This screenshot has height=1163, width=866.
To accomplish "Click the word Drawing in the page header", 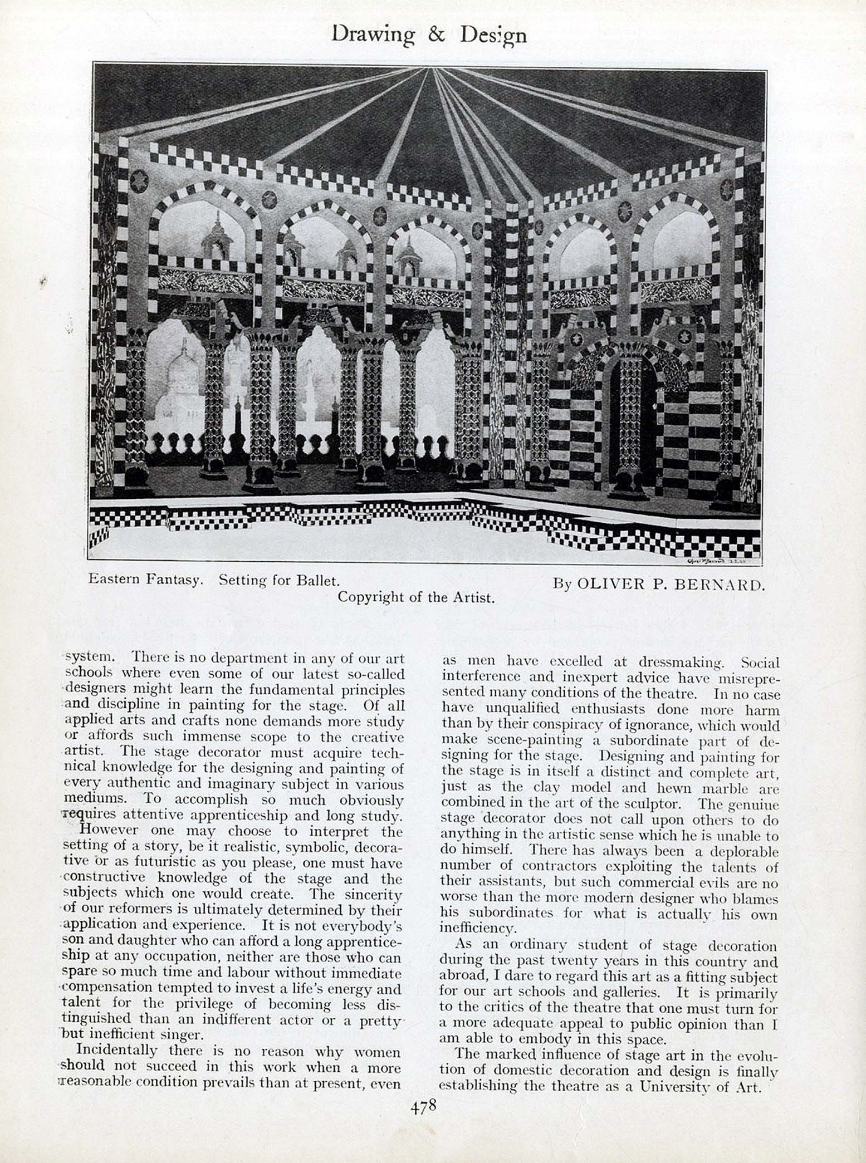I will (x=373, y=35).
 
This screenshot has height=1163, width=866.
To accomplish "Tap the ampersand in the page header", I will (x=437, y=35).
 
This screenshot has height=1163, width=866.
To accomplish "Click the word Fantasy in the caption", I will (x=174, y=580).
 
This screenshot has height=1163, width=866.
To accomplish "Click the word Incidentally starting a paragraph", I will (x=116, y=1049).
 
